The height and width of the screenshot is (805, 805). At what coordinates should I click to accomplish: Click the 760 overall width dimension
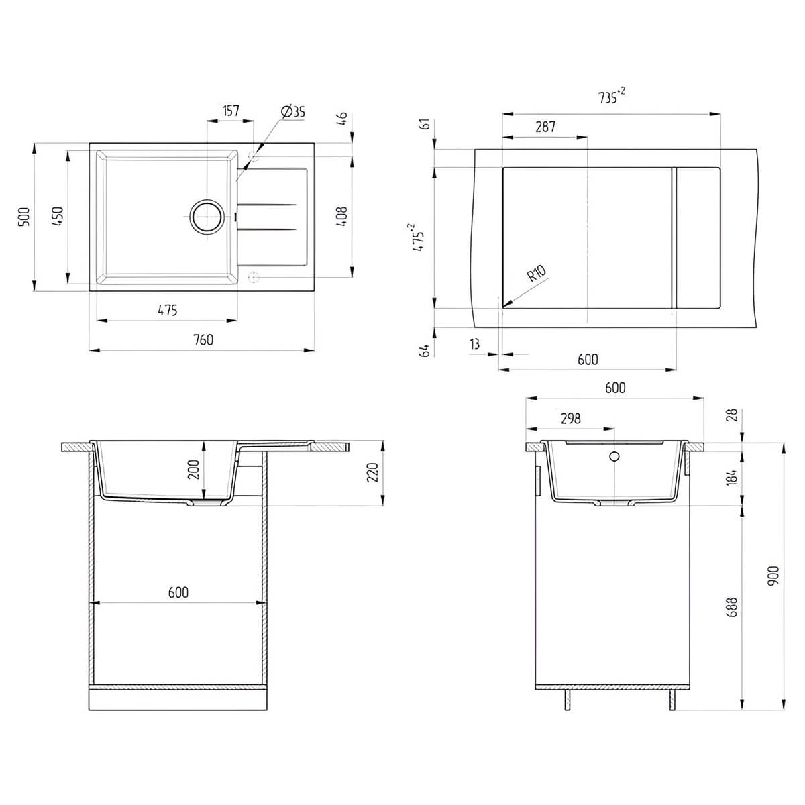click(x=203, y=340)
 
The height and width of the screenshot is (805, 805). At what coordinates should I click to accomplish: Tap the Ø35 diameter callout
click(x=293, y=111)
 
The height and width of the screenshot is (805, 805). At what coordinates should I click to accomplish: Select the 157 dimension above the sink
click(x=231, y=111)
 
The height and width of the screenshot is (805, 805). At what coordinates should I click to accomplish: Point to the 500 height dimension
click(x=25, y=217)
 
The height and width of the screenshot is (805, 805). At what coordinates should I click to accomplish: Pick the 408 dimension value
click(x=341, y=216)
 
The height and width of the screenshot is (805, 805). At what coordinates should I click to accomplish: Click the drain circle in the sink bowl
click(x=207, y=217)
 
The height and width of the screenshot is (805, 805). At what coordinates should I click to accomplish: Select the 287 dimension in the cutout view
click(x=545, y=127)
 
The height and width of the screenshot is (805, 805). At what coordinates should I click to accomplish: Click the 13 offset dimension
click(x=474, y=344)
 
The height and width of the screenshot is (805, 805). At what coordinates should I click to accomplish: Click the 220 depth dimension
click(x=372, y=472)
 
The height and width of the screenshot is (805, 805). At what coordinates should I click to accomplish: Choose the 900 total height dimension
click(x=773, y=575)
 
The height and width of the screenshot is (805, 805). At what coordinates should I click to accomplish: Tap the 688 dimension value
click(x=733, y=607)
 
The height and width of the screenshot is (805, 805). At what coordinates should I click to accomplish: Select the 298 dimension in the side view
click(x=571, y=418)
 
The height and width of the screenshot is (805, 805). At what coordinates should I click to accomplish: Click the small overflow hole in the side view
click(x=614, y=456)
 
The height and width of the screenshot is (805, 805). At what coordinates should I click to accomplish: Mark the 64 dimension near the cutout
click(x=425, y=350)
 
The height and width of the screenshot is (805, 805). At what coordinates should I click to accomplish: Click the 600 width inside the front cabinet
click(x=178, y=592)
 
